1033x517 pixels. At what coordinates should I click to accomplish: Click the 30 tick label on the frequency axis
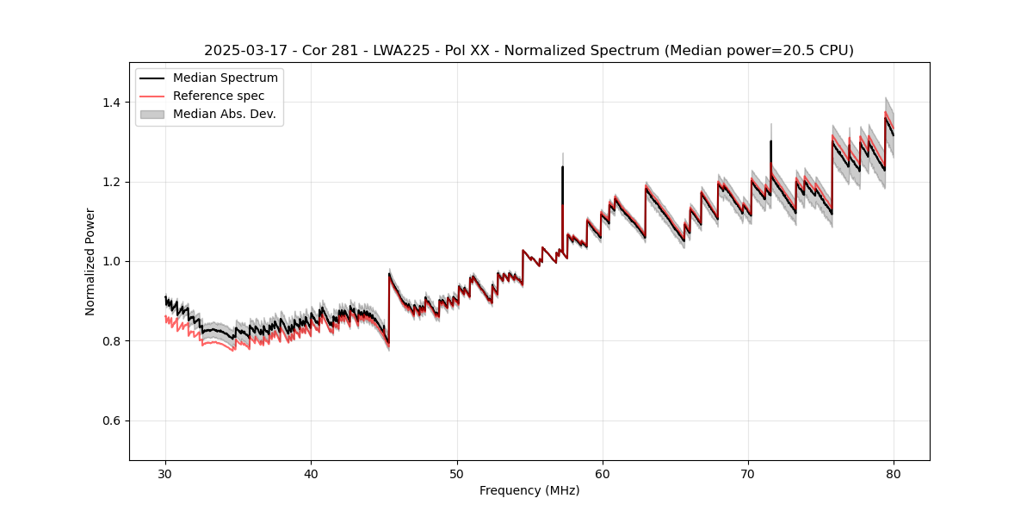(x=165, y=473)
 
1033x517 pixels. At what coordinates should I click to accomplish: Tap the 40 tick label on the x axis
(x=311, y=473)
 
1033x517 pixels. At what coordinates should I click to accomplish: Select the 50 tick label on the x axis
(x=457, y=473)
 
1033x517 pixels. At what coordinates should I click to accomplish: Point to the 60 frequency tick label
(x=603, y=473)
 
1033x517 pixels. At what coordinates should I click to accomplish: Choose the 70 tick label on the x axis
(x=748, y=473)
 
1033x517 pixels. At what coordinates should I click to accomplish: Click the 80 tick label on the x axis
(x=894, y=473)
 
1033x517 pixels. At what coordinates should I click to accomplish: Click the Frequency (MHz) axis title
(x=529, y=490)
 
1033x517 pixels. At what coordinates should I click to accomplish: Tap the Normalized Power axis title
(x=90, y=261)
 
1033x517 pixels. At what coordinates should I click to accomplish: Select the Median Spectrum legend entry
(x=225, y=78)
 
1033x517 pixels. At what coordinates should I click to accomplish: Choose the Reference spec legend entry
(x=219, y=96)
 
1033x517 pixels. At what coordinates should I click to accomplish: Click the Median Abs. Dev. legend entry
(x=224, y=114)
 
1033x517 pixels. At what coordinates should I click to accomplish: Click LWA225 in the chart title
(x=401, y=51)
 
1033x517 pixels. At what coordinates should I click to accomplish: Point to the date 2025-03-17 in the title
(x=244, y=51)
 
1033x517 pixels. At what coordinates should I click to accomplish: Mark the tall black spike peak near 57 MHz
(x=562, y=167)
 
